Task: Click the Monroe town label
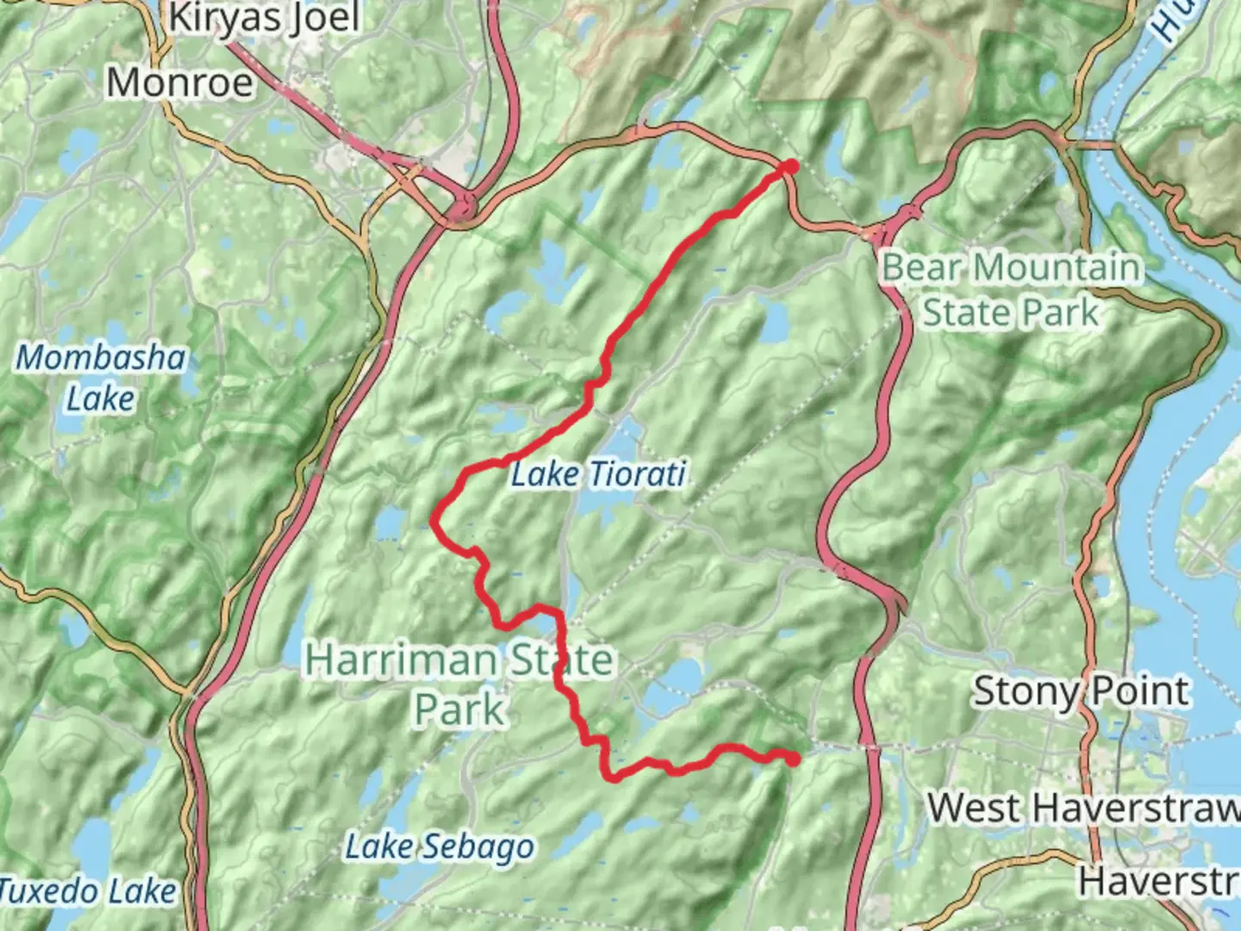click(180, 83)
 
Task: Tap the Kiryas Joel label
click(263, 18)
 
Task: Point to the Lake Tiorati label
click(598, 474)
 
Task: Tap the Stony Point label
click(1082, 691)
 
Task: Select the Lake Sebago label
click(440, 847)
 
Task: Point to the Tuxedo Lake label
click(88, 891)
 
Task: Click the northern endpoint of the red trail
click(789, 166)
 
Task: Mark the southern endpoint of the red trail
click(791, 759)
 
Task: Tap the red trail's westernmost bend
click(434, 520)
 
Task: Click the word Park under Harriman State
click(459, 710)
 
